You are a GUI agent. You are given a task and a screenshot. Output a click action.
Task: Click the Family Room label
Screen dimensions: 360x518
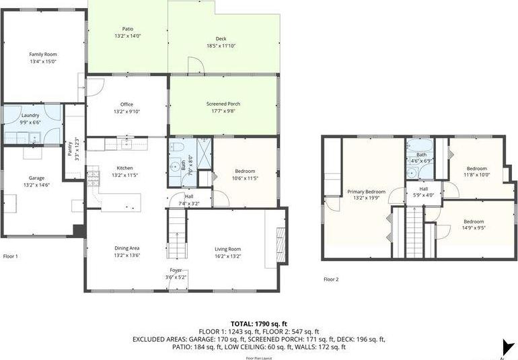pos(42,54)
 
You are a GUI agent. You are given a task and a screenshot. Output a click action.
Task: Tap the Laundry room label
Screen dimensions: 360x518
pos(30,116)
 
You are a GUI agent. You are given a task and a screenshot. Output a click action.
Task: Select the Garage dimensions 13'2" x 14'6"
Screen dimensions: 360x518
pos(36,184)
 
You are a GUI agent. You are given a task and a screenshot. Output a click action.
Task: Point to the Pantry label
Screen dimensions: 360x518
pos(70,147)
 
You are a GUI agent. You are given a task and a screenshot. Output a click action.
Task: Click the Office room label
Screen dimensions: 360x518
pos(126,104)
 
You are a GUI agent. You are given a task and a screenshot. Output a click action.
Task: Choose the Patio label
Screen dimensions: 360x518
pos(126,29)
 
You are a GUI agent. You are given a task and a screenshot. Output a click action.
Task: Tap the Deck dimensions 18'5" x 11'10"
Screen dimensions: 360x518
pos(221,46)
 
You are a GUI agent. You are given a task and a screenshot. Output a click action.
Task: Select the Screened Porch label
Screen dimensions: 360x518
pos(223,104)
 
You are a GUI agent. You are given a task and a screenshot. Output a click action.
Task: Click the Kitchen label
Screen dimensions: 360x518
pos(125,168)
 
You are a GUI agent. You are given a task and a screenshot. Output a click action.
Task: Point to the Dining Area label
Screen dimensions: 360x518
pos(126,248)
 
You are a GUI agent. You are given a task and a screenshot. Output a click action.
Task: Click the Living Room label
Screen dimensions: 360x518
pos(227,248)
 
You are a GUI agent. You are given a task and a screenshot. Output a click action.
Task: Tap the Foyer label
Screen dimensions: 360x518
pos(175,270)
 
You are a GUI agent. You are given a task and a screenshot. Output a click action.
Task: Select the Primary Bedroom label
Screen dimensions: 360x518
pos(366,192)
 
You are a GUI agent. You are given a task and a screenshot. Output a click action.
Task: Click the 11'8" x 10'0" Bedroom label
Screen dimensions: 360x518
pos(476,168)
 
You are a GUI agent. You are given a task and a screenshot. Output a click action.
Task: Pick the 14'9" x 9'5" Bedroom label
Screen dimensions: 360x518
pos(473,221)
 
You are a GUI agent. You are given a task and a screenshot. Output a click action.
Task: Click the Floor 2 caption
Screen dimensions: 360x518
pos(331,279)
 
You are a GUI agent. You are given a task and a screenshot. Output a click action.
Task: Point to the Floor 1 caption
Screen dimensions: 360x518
pos(11,256)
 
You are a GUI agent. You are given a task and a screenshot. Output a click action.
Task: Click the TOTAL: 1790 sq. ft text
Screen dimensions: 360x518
pos(259,323)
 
